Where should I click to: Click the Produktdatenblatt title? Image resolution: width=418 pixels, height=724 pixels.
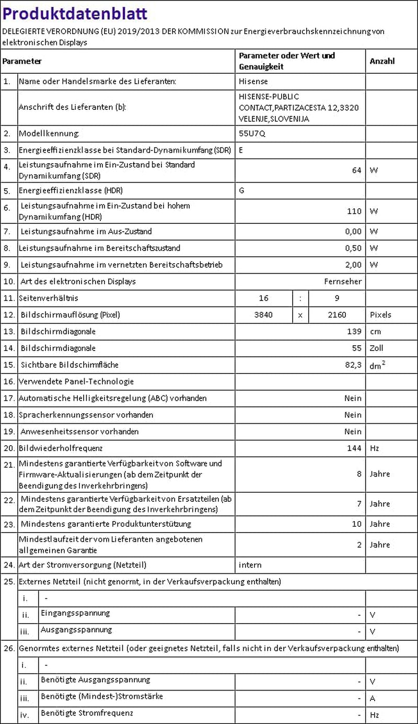coord(75,14)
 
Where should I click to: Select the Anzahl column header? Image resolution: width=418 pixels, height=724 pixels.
coord(382,61)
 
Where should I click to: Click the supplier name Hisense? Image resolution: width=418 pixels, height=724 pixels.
coord(253,82)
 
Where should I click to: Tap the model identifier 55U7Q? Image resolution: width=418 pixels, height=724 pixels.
coord(252,133)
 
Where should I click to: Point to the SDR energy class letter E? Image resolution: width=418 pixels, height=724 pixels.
coord(241,150)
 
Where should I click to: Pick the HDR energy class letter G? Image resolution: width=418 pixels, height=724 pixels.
coord(241,190)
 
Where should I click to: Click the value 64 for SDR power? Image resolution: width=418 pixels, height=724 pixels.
coord(356,170)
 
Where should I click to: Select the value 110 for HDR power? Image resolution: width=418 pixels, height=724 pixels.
coord(354,211)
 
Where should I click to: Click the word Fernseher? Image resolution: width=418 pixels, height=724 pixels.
coord(343,281)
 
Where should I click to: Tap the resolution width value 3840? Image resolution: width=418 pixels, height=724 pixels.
coord(263,315)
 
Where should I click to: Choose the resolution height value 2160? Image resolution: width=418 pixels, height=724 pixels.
coord(337,315)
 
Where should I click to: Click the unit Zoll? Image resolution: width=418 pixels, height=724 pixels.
coord(376,348)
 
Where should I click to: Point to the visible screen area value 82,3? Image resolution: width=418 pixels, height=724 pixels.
coord(353,365)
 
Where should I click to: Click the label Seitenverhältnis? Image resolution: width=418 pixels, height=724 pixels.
coord(49,298)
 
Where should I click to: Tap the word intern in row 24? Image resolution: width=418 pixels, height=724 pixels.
coord(250,565)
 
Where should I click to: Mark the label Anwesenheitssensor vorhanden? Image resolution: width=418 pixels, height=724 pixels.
coord(79,432)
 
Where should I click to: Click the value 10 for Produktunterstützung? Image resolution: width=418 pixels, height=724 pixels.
coord(356,524)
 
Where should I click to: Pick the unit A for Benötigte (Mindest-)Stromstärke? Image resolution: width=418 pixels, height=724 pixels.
coord(373,698)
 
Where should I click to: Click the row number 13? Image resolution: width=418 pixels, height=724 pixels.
coord(9,332)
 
